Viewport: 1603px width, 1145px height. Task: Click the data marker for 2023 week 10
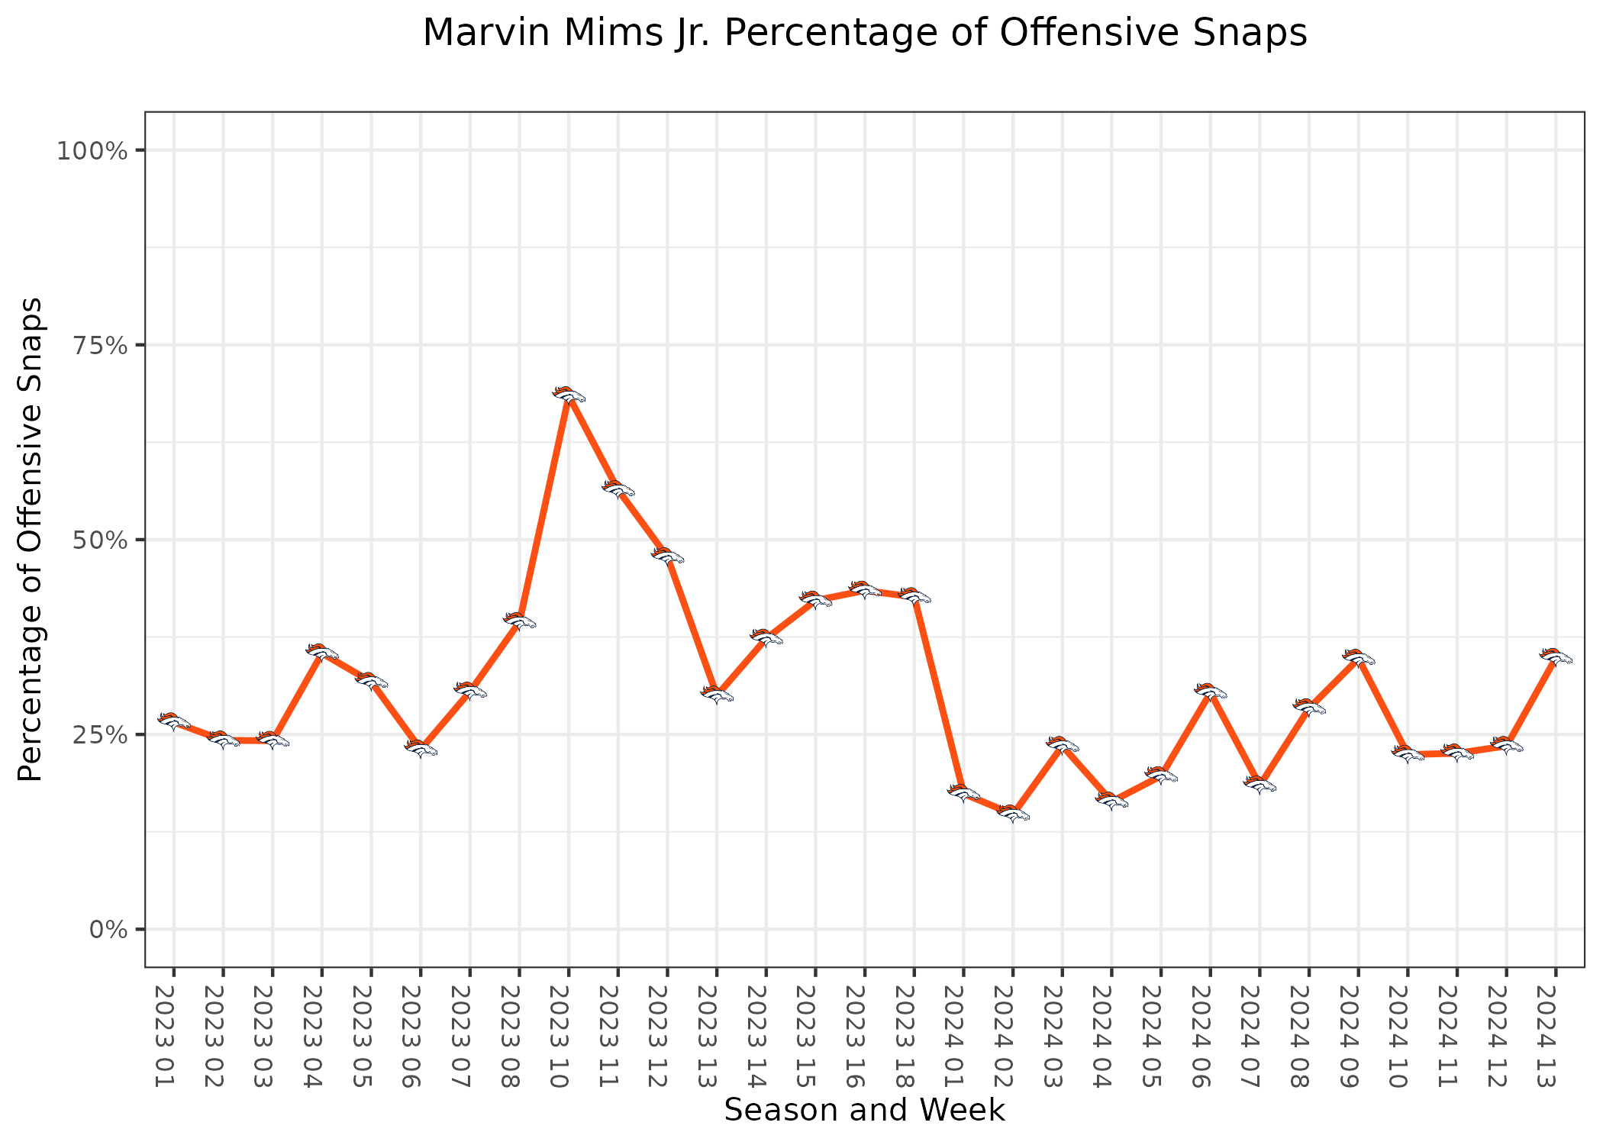pyautogui.click(x=569, y=395)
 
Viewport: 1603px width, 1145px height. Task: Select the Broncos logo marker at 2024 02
pyautogui.click(x=1013, y=814)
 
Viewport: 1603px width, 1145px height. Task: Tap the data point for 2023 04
pyautogui.click(x=322, y=651)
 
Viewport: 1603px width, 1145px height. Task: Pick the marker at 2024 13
pyautogui.click(x=1556, y=656)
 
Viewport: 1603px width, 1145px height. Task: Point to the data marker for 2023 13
pyautogui.click(x=717, y=694)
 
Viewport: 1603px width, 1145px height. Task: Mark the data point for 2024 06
pyautogui.click(x=1210, y=692)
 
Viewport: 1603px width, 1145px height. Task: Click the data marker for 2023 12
pyautogui.click(x=667, y=556)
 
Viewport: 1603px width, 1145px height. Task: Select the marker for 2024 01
pyautogui.click(x=963, y=792)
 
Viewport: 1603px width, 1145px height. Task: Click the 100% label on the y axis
pyautogui.click(x=91, y=150)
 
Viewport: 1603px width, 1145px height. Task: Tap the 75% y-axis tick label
pyautogui.click(x=96, y=345)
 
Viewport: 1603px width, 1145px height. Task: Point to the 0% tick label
pyautogui.click(x=108, y=930)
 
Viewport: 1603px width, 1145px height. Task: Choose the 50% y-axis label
pyautogui.click(x=96, y=540)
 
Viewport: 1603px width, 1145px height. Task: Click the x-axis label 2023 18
pyautogui.click(x=914, y=1036)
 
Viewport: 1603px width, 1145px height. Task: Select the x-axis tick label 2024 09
pyautogui.click(x=1359, y=1036)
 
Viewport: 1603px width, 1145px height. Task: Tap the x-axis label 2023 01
pyautogui.click(x=174, y=1036)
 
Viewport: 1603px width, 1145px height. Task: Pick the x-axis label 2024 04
pyautogui.click(x=1111, y=1036)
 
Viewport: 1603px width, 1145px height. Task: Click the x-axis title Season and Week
pyautogui.click(x=864, y=1111)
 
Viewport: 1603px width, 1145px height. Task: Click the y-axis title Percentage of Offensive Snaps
pyautogui.click(x=31, y=540)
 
